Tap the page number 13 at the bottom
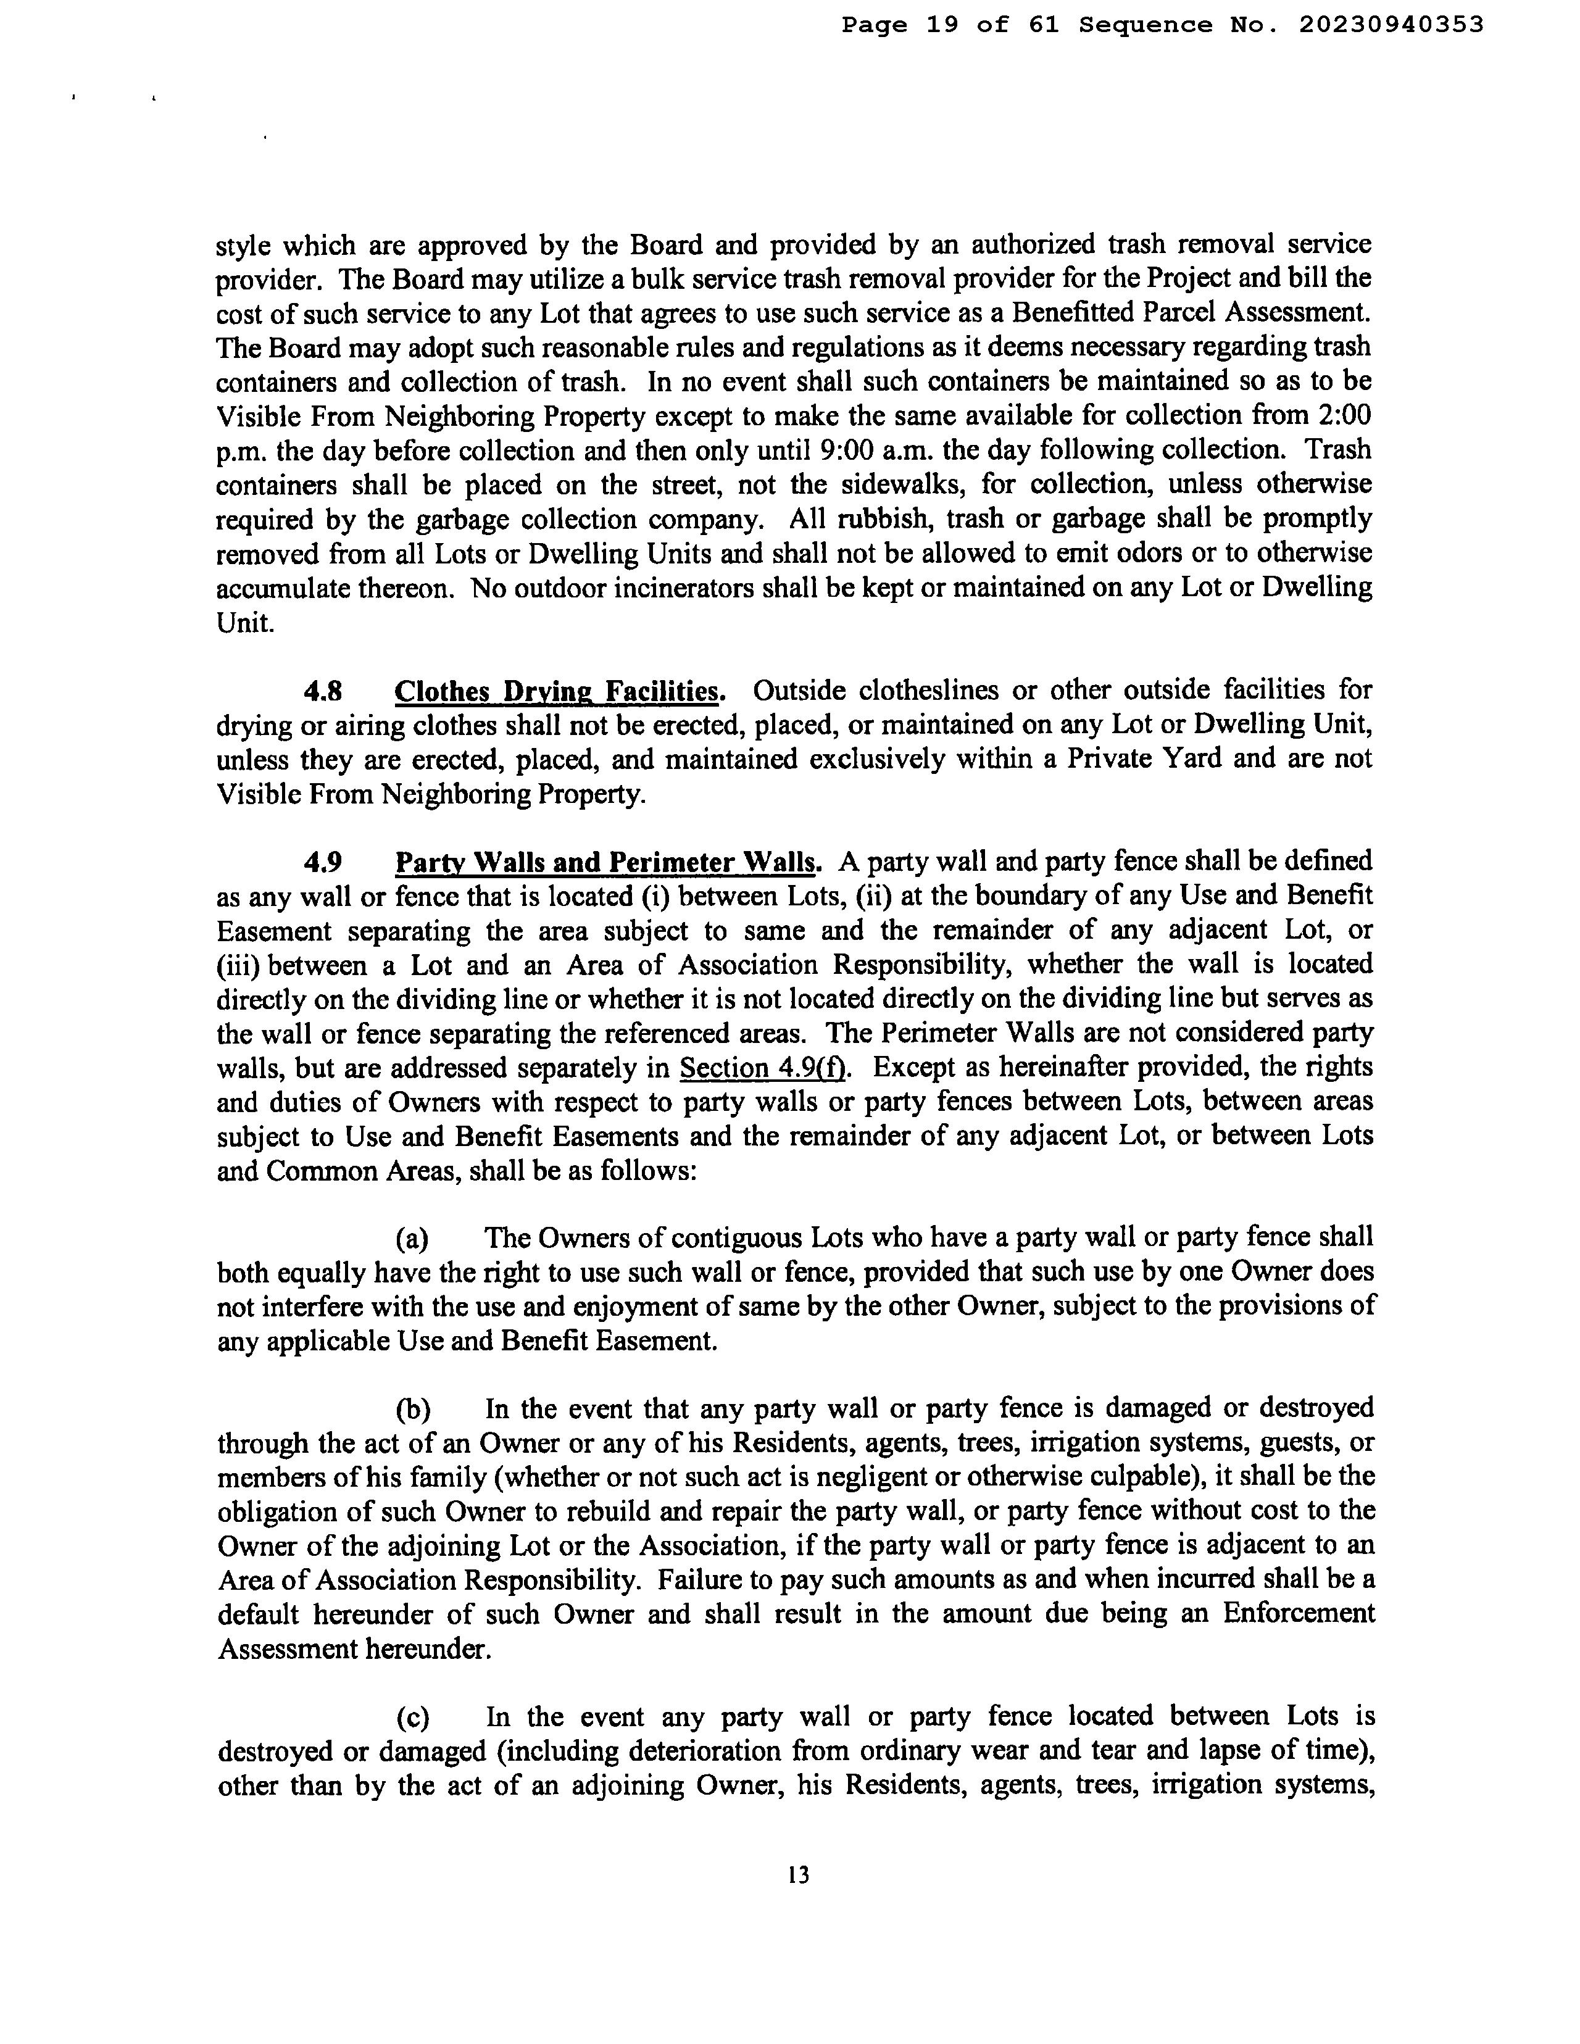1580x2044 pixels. [799, 1875]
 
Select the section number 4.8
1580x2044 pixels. [322, 692]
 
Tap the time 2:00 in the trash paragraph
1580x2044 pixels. [1342, 415]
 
